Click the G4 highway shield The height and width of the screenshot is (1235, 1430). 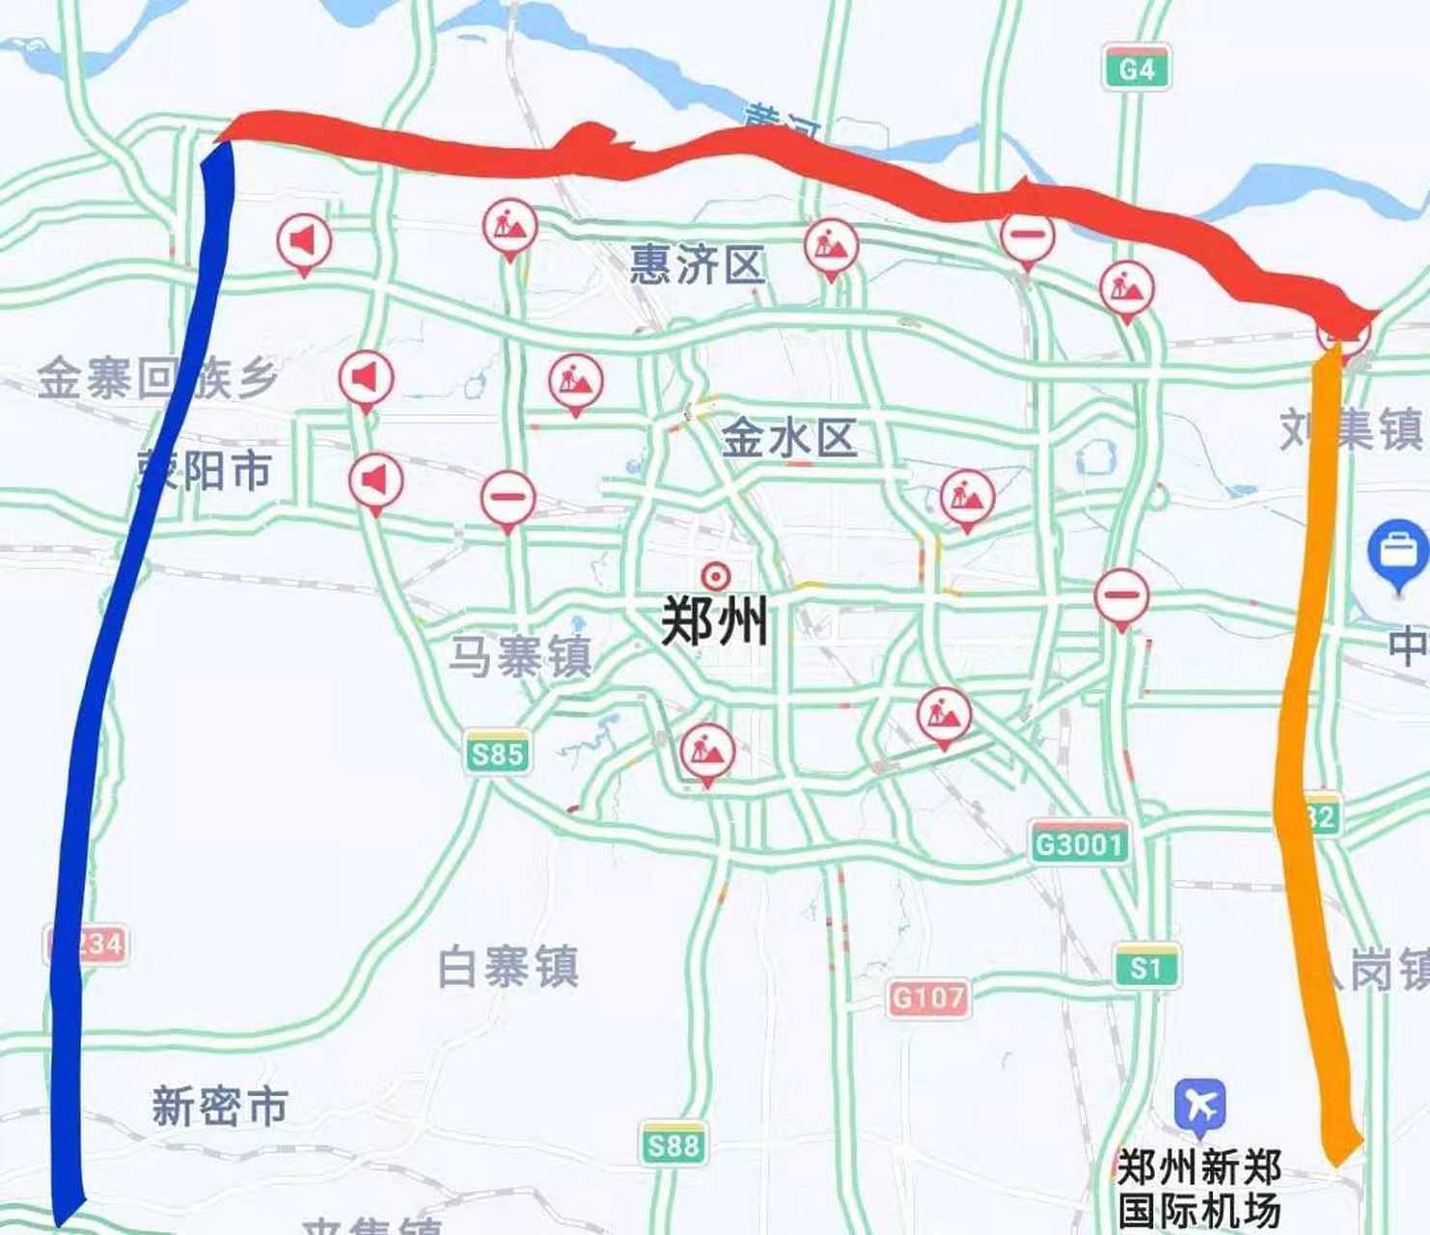tap(1137, 69)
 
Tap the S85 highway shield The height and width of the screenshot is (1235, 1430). tap(497, 753)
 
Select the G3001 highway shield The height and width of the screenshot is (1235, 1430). tap(1079, 844)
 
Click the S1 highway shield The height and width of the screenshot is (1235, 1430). tap(1146, 967)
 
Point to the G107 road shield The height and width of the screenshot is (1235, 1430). tap(926, 997)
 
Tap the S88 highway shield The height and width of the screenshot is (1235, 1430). tap(673, 1145)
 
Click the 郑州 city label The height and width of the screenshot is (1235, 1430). tap(714, 620)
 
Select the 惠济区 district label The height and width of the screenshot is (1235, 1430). tap(697, 264)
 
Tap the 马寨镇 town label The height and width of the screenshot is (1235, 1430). tap(520, 657)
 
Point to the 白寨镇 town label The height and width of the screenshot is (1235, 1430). tap(508, 967)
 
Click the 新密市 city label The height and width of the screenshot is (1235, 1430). tap(220, 1106)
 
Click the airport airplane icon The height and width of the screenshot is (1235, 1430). tap(1199, 1105)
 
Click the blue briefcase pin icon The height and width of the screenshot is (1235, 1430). tap(1398, 552)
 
